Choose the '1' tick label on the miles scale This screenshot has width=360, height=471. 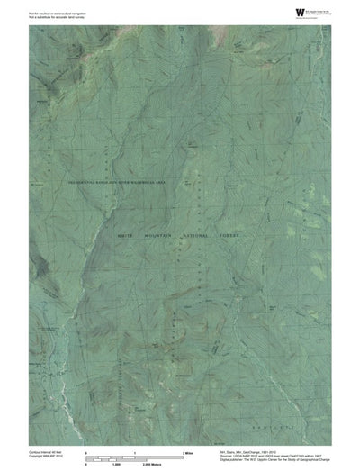tap(134, 448)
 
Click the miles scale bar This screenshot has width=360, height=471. tap(134, 452)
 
